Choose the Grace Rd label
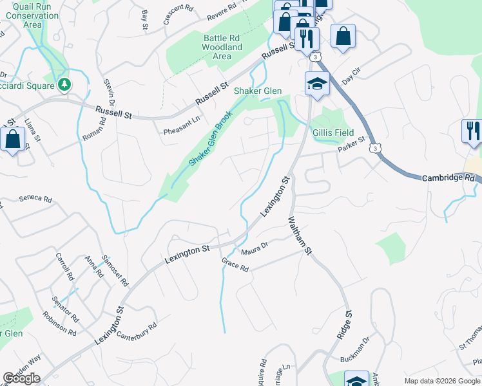coord(235,264)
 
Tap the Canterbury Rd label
coord(136,333)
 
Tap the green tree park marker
coord(64,84)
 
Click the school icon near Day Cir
coord(317,84)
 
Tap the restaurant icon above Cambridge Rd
coord(472,131)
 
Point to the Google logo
coord(21,378)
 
